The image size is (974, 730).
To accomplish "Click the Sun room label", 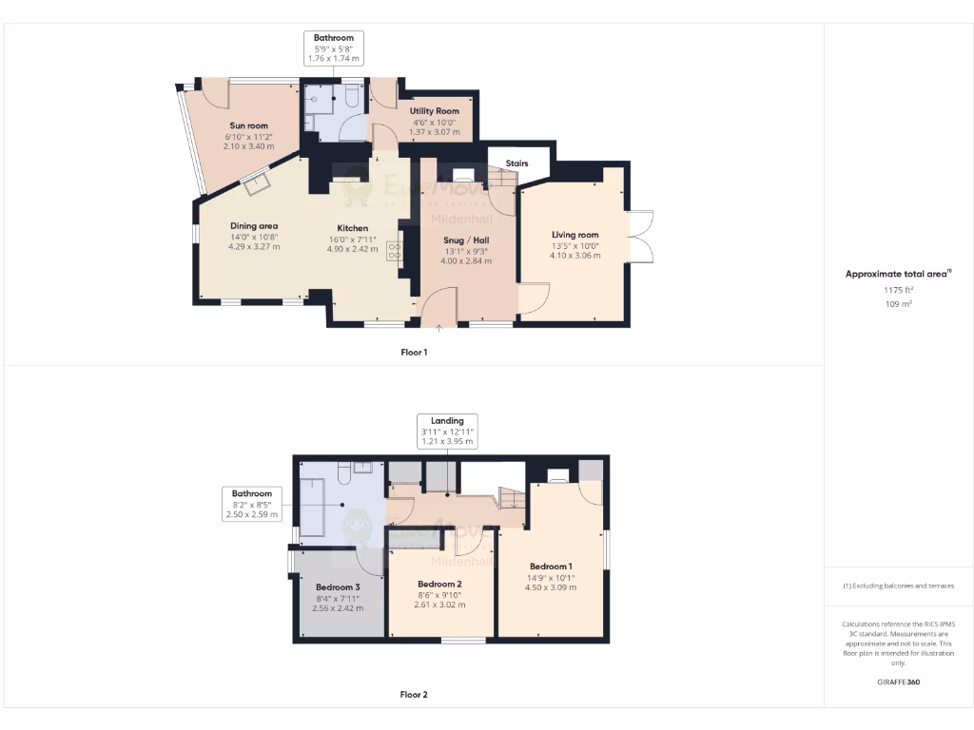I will pyautogui.click(x=248, y=125).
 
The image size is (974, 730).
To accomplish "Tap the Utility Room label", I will pyautogui.click(x=434, y=111).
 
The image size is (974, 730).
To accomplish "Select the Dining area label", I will pyautogui.click(x=254, y=225).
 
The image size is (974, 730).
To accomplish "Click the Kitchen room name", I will pyautogui.click(x=353, y=228).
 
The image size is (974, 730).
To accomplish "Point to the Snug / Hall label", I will pyautogui.click(x=466, y=240).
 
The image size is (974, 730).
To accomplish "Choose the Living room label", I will pyautogui.click(x=575, y=234).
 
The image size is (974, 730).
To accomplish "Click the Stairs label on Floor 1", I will pyautogui.click(x=516, y=163).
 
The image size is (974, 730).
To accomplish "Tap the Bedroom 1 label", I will pyautogui.click(x=551, y=567).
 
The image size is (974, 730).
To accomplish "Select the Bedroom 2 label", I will pyautogui.click(x=439, y=584).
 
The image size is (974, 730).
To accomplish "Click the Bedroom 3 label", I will pyautogui.click(x=338, y=587).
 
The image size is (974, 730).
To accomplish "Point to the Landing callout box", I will pyautogui.click(x=447, y=431).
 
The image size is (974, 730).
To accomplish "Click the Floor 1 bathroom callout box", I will pyautogui.click(x=334, y=48).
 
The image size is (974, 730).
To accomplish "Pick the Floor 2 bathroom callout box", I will pyautogui.click(x=252, y=504).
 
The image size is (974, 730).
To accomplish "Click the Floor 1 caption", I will pyautogui.click(x=414, y=353).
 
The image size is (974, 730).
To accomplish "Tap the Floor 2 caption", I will pyautogui.click(x=414, y=695).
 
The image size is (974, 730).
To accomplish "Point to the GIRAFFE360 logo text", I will pyautogui.click(x=899, y=682).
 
